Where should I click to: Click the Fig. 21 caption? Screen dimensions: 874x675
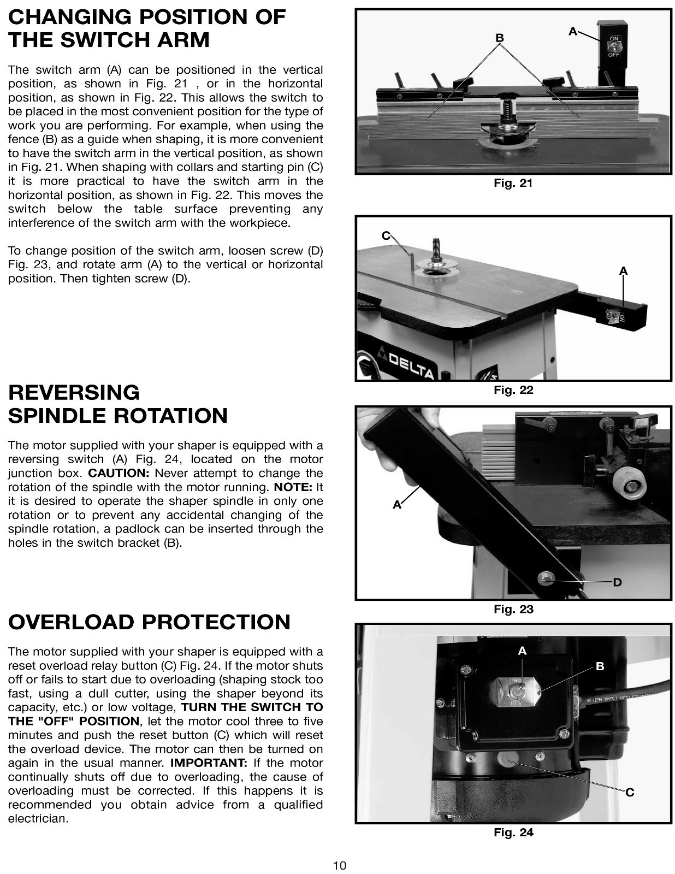[513, 183]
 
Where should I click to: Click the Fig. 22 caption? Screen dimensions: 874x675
[513, 390]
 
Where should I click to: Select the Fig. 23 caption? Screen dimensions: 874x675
[513, 609]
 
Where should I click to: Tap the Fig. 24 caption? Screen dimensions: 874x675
[513, 832]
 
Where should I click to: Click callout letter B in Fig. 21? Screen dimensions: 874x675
[499, 38]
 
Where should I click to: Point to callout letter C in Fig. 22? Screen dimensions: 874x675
[386, 235]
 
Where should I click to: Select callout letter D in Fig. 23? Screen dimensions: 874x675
[617, 582]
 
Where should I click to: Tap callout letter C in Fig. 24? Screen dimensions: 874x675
[630, 793]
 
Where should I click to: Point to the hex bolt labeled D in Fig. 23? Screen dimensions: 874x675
[544, 578]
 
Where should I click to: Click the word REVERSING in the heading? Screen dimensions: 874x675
[74, 392]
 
